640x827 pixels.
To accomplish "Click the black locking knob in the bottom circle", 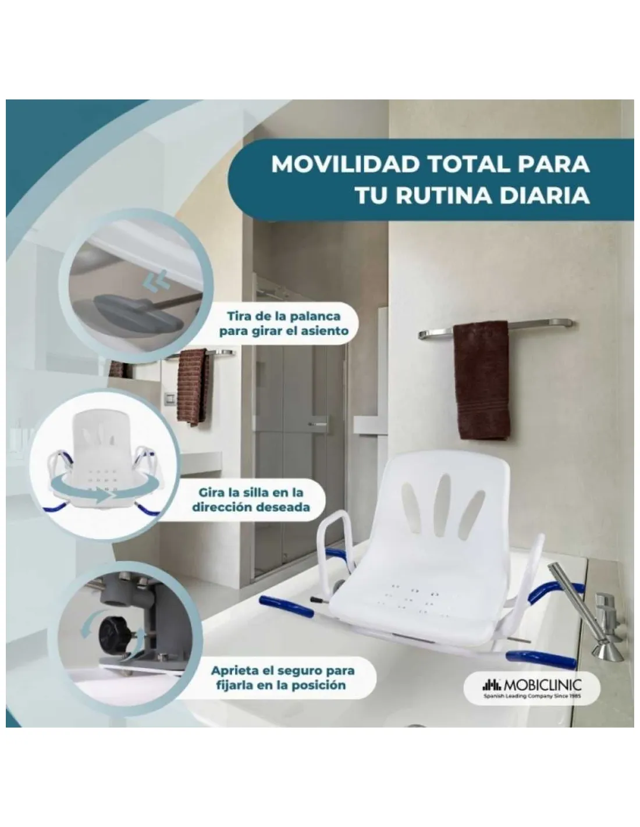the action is (x=114, y=633).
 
